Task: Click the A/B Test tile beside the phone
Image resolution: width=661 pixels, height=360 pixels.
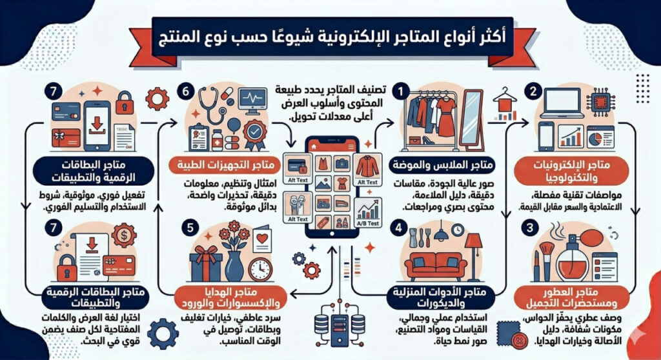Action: pos(368,213)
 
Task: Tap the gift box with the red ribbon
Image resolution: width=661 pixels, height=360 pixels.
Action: pos(205,263)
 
